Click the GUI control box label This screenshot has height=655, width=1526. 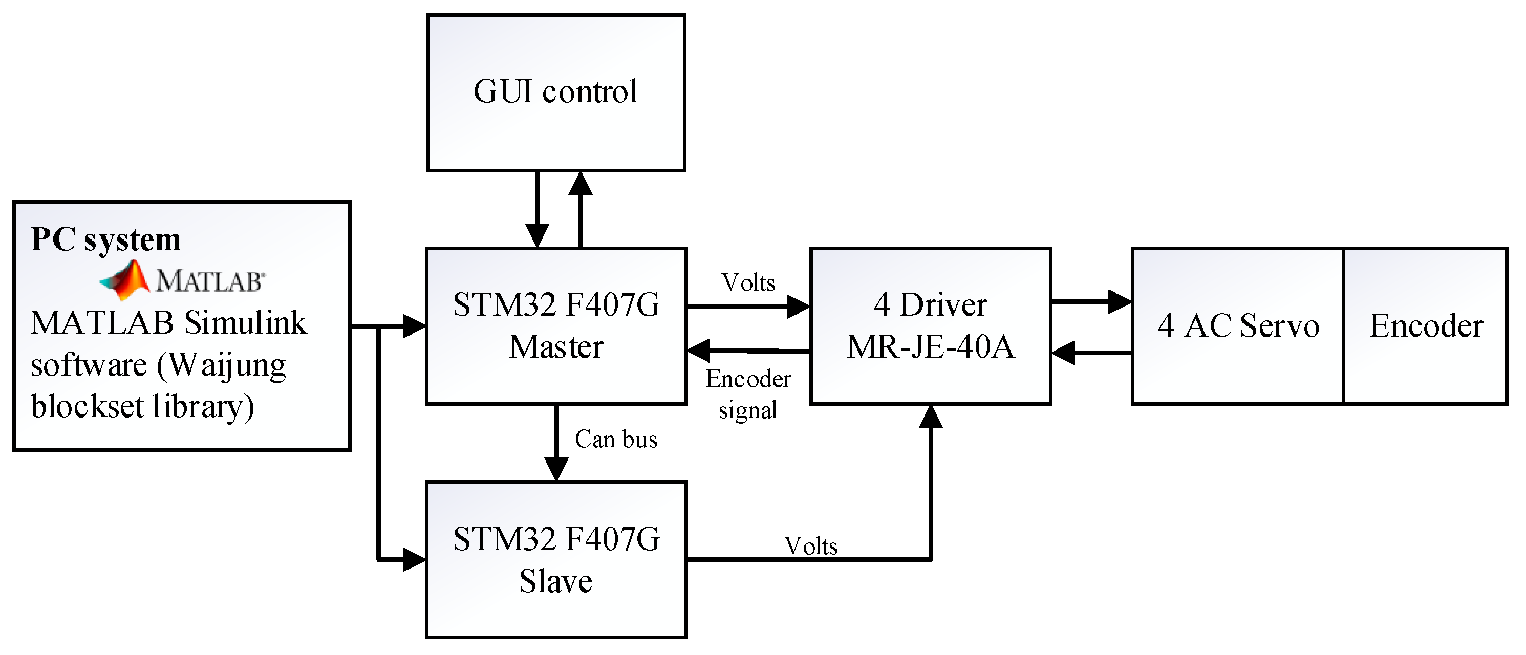(x=555, y=92)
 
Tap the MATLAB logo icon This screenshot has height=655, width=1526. (x=124, y=279)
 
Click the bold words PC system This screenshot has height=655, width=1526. (x=105, y=239)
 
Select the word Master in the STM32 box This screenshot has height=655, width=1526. (x=555, y=346)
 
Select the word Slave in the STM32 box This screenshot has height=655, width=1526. (x=555, y=580)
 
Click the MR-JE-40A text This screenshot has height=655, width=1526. (x=930, y=346)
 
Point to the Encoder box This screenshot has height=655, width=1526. (x=1425, y=326)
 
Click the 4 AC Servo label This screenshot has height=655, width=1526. (x=1238, y=326)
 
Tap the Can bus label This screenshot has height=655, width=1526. (x=616, y=440)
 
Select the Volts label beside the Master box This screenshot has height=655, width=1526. (x=748, y=282)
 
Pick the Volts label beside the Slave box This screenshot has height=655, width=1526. (x=810, y=546)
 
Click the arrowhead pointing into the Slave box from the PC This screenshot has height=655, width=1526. (x=414, y=559)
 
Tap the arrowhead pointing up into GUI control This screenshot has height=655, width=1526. (x=580, y=184)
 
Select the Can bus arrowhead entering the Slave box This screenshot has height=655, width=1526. (x=555, y=469)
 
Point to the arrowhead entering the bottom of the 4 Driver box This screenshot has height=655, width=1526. (x=931, y=418)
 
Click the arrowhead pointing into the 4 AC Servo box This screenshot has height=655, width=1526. (x=1119, y=301)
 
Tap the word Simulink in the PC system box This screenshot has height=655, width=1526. (x=245, y=323)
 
